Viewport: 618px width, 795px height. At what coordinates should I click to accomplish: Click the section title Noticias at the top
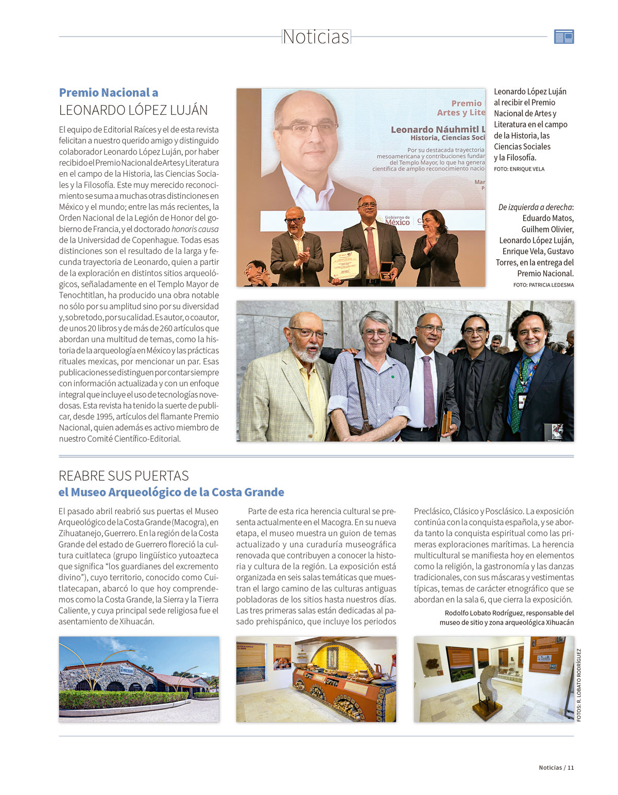316,37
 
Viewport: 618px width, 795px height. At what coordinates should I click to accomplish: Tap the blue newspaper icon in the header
564,37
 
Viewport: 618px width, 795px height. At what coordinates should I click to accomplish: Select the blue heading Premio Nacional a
109,93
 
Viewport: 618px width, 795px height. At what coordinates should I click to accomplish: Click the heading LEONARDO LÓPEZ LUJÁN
133,110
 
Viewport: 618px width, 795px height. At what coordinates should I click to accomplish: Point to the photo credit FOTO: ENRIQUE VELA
519,169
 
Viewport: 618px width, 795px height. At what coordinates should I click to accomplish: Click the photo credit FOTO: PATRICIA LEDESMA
543,285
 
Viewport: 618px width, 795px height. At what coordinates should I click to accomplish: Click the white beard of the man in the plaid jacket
307,354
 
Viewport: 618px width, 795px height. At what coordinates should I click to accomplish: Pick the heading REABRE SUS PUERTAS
124,476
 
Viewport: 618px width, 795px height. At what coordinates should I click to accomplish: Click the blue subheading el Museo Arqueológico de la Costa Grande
171,492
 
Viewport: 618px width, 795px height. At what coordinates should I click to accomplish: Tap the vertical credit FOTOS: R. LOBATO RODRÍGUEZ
579,685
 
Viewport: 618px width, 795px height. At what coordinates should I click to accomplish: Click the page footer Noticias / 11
556,768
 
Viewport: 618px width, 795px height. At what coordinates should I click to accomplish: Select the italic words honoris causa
195,229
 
